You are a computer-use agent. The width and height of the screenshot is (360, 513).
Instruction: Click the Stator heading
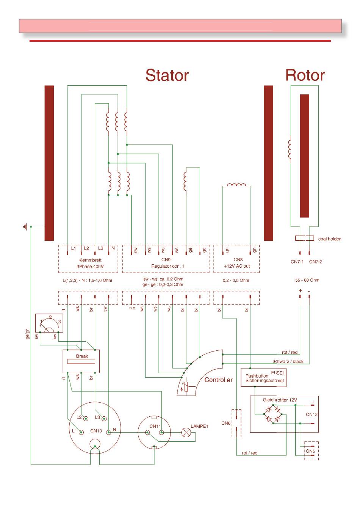pos(167,75)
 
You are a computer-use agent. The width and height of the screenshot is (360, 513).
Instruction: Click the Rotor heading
pos(305,75)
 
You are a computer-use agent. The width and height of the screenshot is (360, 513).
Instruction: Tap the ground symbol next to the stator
pos(25,227)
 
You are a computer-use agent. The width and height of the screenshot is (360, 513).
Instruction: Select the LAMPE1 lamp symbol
pos(186,432)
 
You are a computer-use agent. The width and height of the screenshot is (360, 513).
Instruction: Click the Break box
pos(81,361)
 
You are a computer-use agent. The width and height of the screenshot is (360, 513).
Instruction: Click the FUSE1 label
pos(278,373)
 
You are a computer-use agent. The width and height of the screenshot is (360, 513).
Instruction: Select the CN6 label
pos(225,423)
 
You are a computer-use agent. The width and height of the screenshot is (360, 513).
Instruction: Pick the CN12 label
pos(311,414)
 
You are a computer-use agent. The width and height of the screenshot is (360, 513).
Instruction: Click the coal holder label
pos(329,238)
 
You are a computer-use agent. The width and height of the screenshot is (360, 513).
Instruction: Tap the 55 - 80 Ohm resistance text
pos(307,280)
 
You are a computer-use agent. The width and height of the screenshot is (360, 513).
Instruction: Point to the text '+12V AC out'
pos(236,266)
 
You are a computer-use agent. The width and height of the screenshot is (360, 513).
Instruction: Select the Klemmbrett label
pos(90,260)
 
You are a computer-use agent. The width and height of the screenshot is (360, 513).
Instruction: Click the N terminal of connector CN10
pos(109,432)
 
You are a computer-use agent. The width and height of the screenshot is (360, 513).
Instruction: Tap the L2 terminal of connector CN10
pos(86,419)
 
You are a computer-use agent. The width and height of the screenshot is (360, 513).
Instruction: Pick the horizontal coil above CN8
pos(236,185)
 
